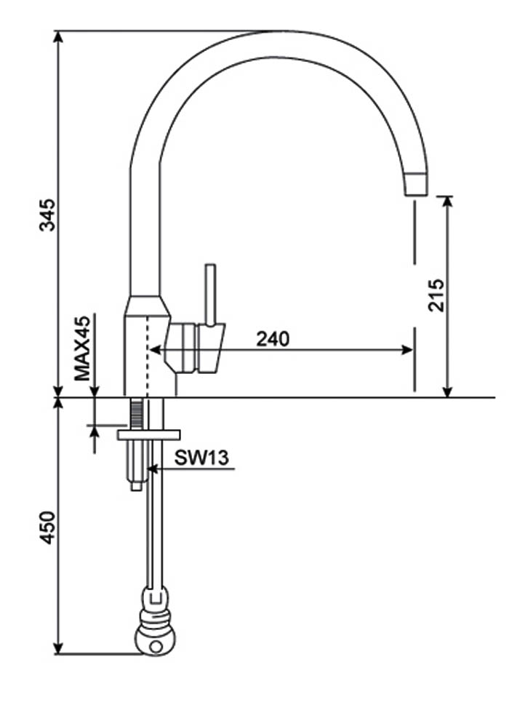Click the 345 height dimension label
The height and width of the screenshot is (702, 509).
[47, 215]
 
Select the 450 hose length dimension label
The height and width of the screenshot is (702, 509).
[47, 527]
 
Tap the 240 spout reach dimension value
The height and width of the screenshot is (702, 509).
[273, 338]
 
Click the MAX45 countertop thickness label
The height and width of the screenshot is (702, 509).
[83, 348]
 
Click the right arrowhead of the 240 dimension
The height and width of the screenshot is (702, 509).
[408, 350]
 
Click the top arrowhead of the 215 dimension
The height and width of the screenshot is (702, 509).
[447, 202]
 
